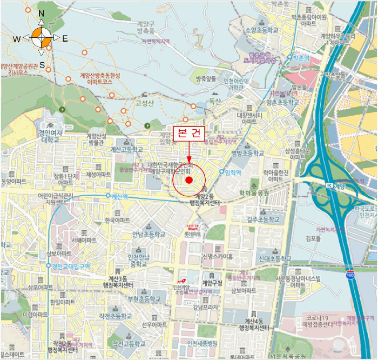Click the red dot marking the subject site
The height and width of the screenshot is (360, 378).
[x=188, y=179]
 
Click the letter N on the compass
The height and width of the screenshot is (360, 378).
[x=42, y=12]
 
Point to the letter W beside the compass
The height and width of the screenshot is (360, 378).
[x=17, y=38]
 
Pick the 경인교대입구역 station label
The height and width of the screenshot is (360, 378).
[x=71, y=266]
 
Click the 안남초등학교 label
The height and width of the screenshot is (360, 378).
[x=148, y=234]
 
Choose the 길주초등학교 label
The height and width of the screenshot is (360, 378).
[x=263, y=219]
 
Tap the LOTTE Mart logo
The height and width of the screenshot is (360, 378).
[x=193, y=229]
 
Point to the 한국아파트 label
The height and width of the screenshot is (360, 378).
[x=117, y=221]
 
